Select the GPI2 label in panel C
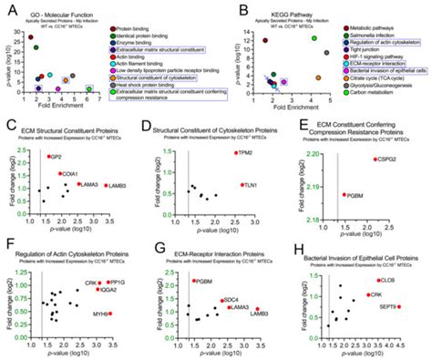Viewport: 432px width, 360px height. click(x=66, y=157)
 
